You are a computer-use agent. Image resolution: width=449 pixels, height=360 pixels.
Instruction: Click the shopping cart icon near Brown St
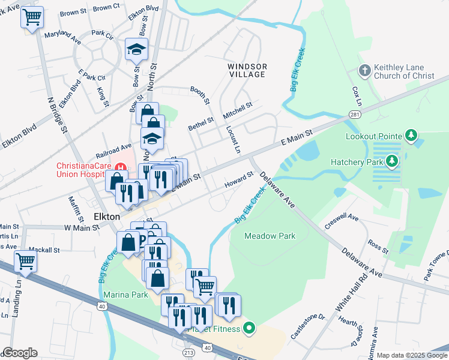pos(32,17)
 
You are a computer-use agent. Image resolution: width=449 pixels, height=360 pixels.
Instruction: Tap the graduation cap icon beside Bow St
pos(137,50)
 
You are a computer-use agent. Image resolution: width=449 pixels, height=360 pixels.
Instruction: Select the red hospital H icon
pos(121,167)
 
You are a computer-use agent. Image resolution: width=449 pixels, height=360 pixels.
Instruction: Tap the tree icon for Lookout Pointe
pos(411,135)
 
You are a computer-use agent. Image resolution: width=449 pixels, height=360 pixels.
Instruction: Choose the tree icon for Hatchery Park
pos(392,161)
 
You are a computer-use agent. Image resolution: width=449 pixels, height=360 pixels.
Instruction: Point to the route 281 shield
pos(355,113)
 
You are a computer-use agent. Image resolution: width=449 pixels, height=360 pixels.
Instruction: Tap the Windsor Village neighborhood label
pos(246,70)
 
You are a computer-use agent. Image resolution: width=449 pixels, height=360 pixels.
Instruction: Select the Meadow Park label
pos(270,236)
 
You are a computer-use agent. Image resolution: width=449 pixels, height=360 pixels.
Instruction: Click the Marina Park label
pos(125,295)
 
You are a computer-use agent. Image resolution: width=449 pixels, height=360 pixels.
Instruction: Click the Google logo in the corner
pos(20,352)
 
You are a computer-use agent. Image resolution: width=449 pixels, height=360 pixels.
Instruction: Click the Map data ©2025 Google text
pos(411,355)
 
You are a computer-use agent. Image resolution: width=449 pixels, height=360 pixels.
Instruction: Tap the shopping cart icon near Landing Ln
pos(26,262)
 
